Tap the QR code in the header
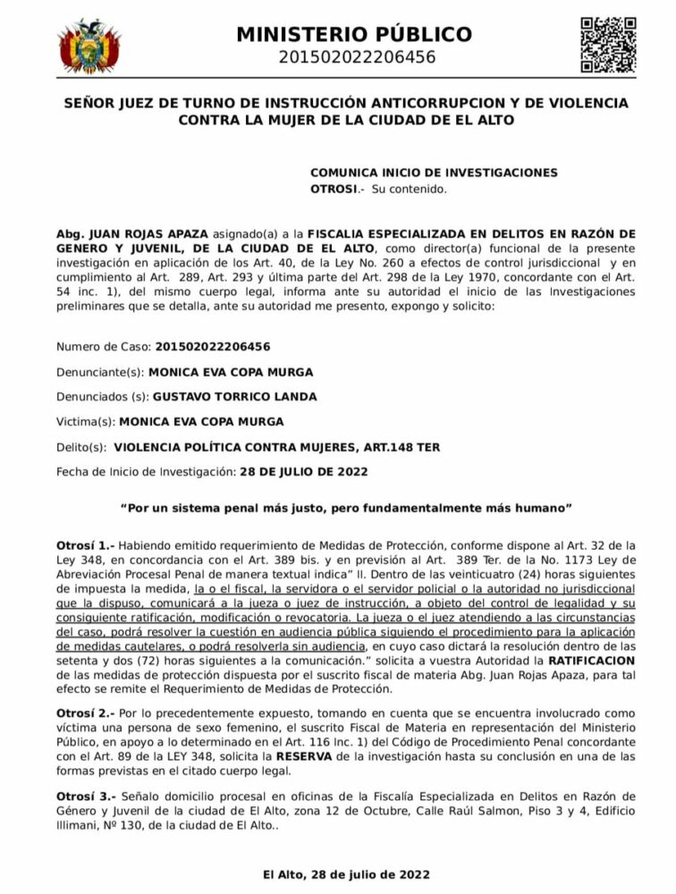609,44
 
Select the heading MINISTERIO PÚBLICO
354,35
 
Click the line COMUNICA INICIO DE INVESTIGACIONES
434,172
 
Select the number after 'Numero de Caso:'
213,346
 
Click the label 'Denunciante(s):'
98,371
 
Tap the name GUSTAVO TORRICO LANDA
234,396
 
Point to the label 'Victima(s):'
85,421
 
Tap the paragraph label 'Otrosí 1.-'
85,544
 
